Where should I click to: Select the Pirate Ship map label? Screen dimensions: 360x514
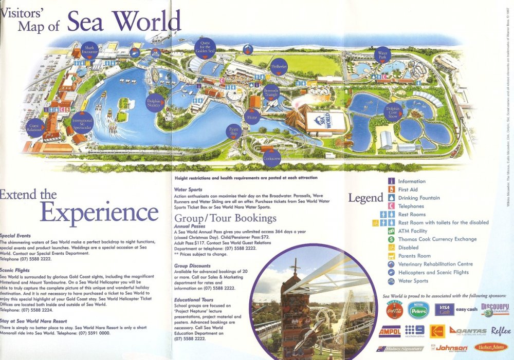tap(234, 131)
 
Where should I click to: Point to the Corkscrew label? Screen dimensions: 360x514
tap(271, 158)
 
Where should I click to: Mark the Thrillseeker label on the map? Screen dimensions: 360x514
tap(279, 67)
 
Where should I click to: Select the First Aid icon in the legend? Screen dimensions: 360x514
tap(391, 190)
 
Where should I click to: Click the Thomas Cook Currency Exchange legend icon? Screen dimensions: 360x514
tap(391, 239)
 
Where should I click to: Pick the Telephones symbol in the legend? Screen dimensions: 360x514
tap(391, 206)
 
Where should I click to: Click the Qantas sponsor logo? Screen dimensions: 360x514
tap(468, 330)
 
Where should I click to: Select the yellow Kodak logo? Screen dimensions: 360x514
tap(436, 331)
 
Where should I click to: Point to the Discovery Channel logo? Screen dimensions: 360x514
tap(494, 309)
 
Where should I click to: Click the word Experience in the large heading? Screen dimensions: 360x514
tap(99, 212)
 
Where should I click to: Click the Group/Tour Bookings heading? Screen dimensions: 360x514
tap(225, 218)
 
